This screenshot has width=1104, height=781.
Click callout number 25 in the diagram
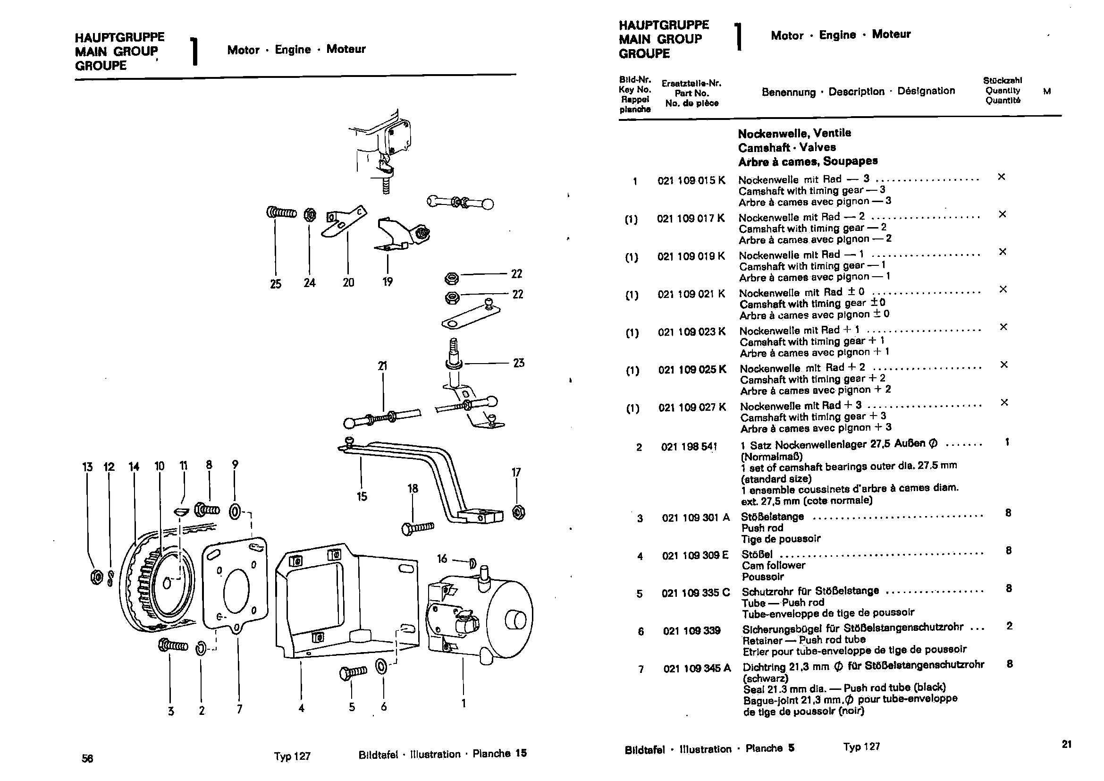276,284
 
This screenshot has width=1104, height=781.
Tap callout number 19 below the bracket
388,281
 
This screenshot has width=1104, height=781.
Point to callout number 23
518,363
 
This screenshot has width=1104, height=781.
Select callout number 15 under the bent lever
362,496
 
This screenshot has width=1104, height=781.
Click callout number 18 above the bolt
413,489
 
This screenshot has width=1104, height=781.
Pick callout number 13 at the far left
87,467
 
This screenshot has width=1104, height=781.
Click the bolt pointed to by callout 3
172,645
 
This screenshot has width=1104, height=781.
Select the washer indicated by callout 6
381,667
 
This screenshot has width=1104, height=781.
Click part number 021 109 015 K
691,180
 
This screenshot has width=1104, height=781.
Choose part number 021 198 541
689,447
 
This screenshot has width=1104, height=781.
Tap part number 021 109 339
691,631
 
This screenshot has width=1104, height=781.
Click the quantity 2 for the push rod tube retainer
1009,626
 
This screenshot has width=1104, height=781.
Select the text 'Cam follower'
773,566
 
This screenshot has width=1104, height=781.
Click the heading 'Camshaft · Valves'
787,147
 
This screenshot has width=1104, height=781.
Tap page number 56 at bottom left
87,758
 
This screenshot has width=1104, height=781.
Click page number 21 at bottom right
1067,745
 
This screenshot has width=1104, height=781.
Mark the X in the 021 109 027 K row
1004,402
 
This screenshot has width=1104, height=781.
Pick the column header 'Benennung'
788,92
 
